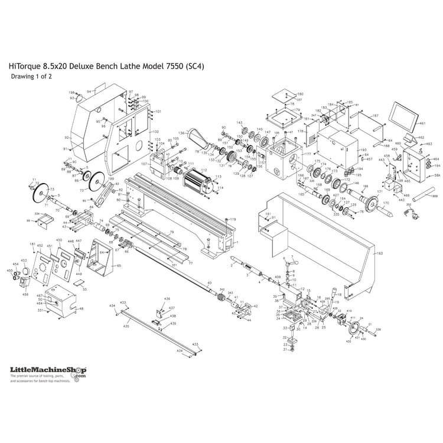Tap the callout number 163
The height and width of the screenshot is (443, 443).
click(x=380, y=253)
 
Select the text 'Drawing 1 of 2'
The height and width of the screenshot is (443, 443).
click(x=35, y=77)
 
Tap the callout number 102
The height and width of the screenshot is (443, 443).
click(x=155, y=131)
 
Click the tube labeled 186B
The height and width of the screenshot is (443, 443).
click(x=419, y=193)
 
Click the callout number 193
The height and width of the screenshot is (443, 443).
click(x=363, y=151)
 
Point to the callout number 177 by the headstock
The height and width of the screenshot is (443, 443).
click(x=307, y=154)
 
